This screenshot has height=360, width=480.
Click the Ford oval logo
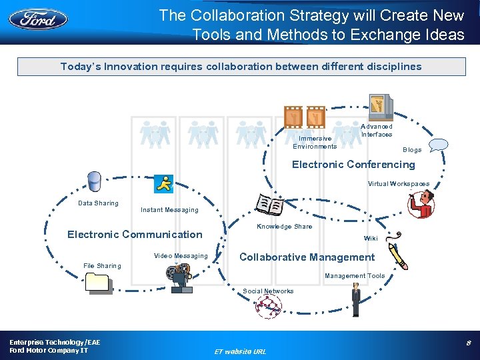38,18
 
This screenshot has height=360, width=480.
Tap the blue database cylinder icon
94,181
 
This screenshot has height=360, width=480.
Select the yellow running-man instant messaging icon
163,183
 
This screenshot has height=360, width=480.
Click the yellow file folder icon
99,283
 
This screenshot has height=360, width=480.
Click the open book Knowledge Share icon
270,205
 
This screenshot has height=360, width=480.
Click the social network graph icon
268,306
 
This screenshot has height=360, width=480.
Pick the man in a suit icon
356,300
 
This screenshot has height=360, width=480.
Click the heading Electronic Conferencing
353,165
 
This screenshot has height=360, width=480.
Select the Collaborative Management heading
307,257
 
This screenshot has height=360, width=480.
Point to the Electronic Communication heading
135,234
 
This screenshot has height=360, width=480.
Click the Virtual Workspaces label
398,184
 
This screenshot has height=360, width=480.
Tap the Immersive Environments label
315,143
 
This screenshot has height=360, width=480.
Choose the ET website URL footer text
239,351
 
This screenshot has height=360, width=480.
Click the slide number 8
469,343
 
